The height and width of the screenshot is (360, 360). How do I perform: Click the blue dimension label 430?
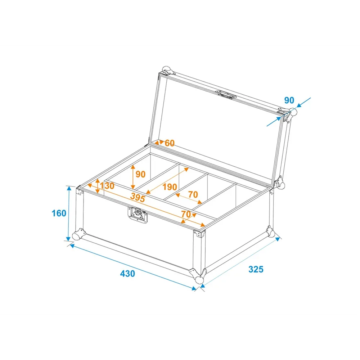click(x=127, y=274)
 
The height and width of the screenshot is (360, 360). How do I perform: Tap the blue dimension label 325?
click(x=256, y=269)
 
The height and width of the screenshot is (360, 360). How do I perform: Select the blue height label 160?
click(x=59, y=213)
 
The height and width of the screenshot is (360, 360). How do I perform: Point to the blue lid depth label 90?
click(x=289, y=100)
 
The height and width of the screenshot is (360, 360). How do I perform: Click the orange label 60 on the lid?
click(x=170, y=143)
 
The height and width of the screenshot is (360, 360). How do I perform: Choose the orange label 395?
click(x=138, y=197)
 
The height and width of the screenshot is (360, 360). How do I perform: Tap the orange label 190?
click(x=170, y=187)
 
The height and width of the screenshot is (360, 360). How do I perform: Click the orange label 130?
click(x=107, y=186)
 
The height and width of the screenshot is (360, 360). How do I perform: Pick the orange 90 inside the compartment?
click(x=140, y=174)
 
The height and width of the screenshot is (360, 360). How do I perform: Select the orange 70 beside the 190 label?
click(x=193, y=194)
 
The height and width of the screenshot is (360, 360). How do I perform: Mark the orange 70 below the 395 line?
click(x=186, y=214)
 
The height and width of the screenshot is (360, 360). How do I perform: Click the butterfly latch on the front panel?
click(x=138, y=215)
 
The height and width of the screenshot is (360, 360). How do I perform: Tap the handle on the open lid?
click(x=226, y=95)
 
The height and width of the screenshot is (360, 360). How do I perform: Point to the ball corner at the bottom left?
click(x=78, y=234)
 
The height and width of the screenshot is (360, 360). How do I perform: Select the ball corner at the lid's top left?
click(x=167, y=71)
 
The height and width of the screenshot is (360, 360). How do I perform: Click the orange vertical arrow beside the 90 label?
click(x=133, y=177)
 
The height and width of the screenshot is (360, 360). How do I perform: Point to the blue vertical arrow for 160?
click(x=69, y=213)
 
